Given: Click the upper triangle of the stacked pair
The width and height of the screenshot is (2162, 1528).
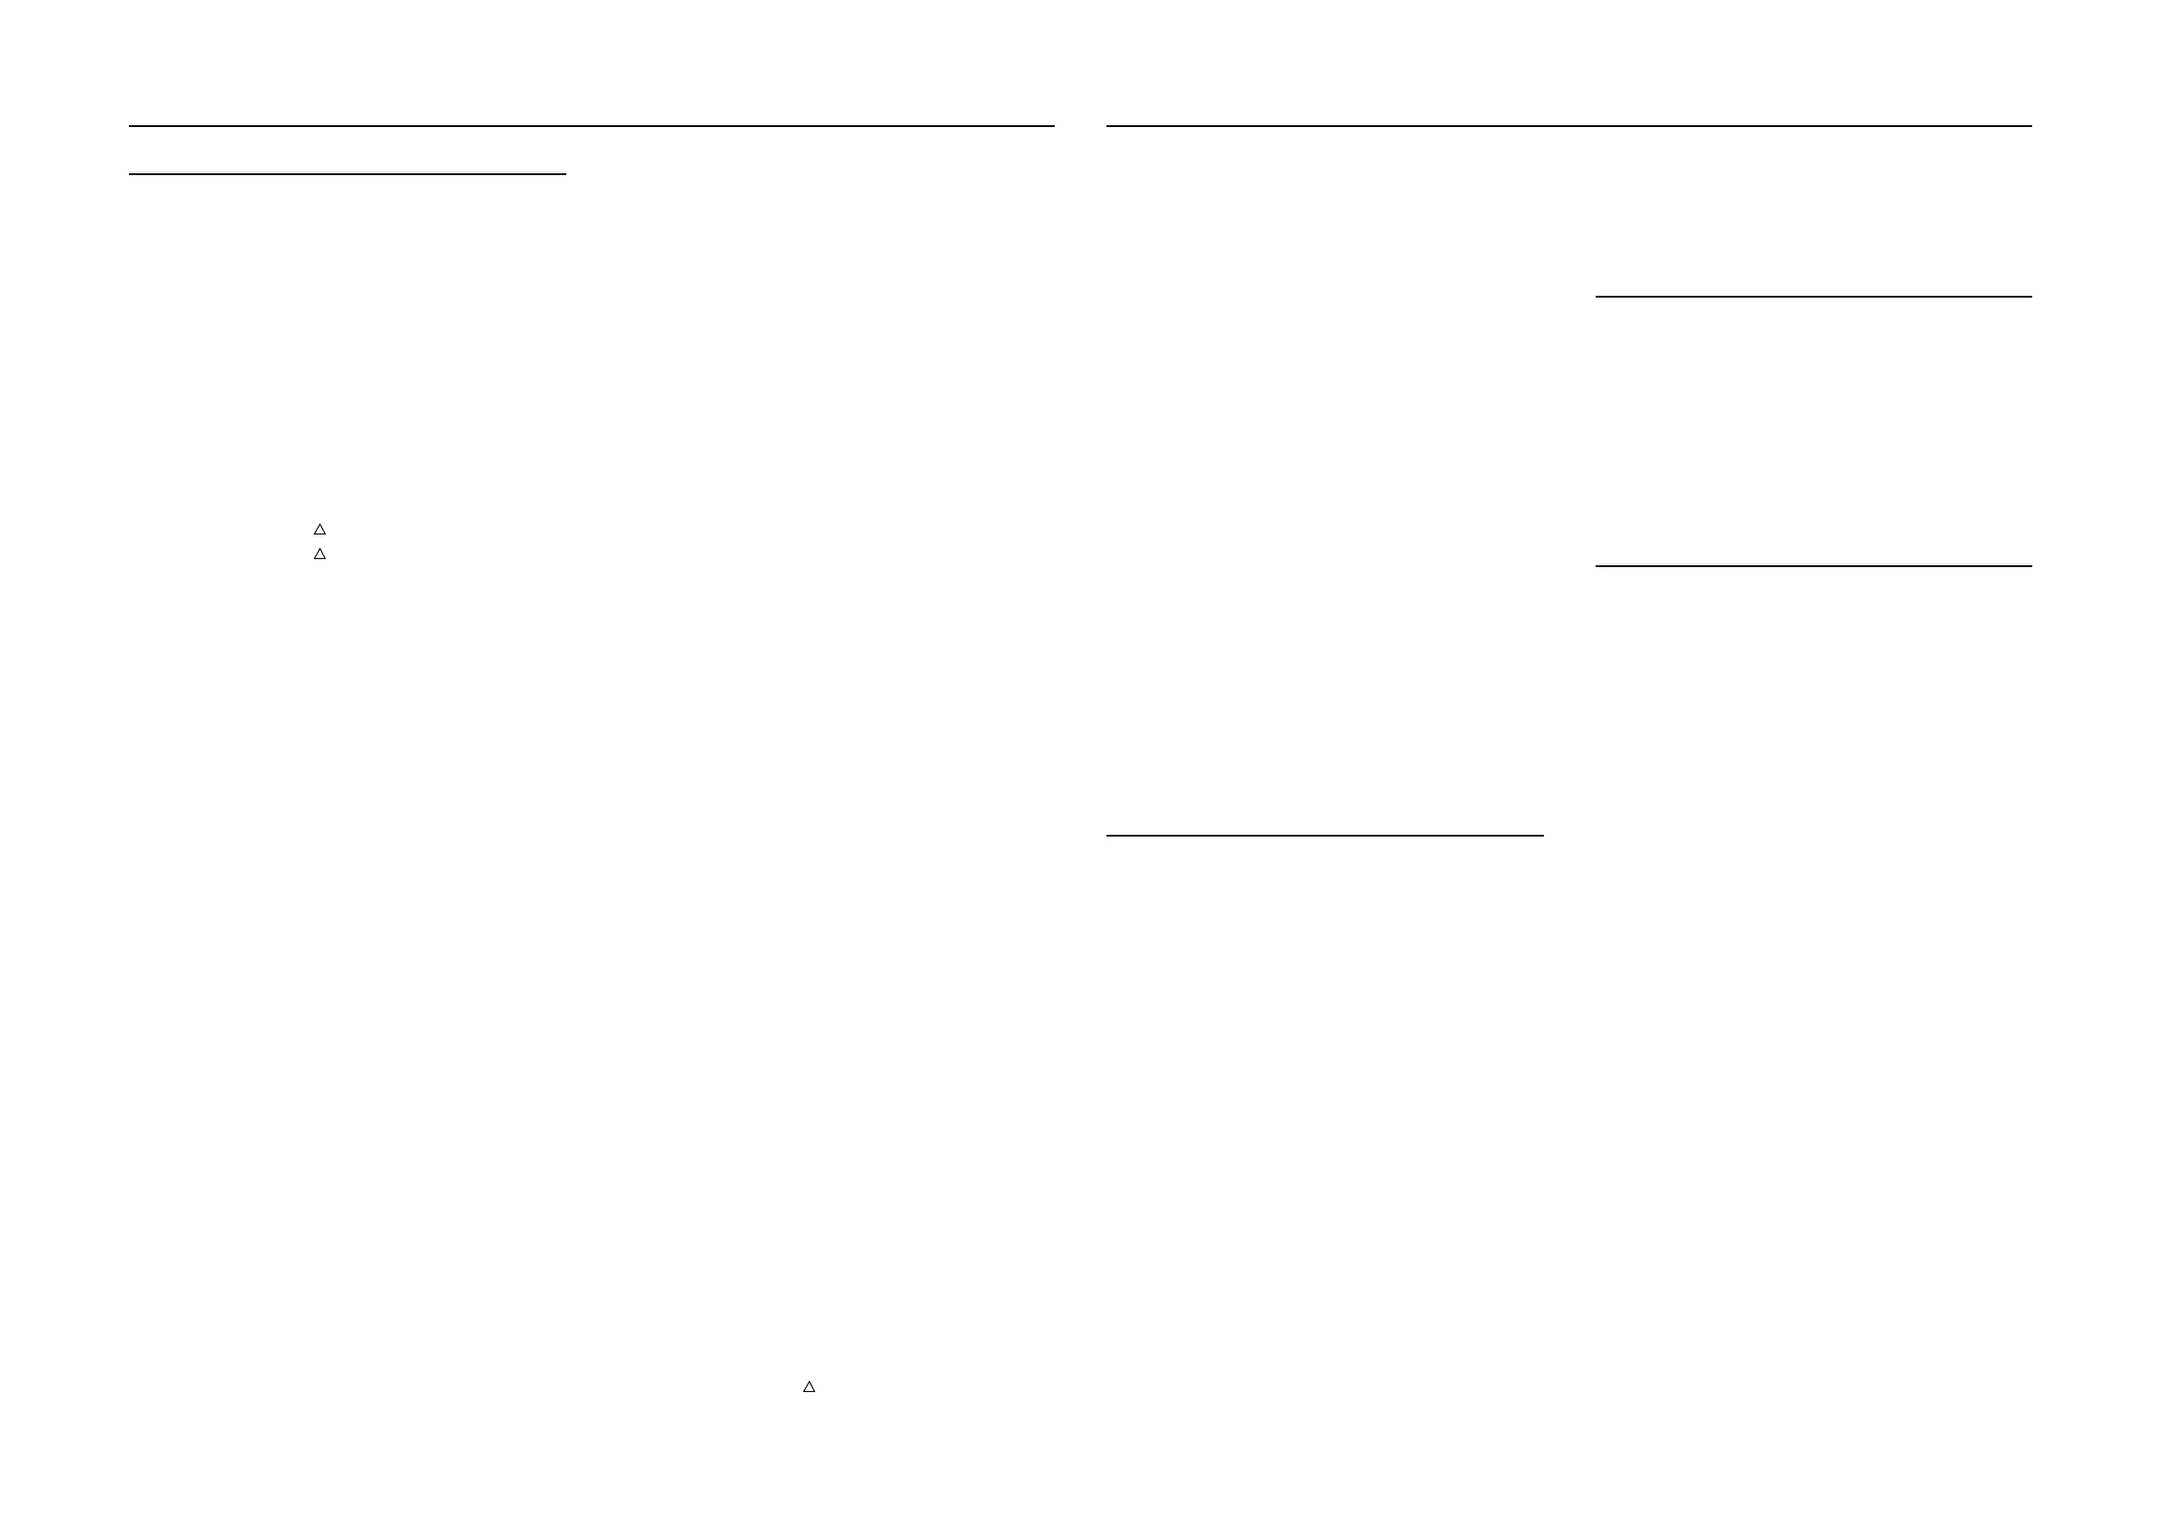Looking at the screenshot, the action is click(319, 530).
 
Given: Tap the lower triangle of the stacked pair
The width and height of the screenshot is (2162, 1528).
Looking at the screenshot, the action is click(319, 554).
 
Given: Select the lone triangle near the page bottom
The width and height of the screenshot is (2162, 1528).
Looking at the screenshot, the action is click(808, 1386).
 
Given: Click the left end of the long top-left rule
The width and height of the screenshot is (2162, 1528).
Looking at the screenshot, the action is click(130, 125).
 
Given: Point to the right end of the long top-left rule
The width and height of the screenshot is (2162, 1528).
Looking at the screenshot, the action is click(1053, 125).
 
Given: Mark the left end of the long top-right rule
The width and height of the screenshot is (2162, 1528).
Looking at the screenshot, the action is click(1107, 125).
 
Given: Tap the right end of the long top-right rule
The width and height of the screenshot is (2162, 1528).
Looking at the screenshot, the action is click(2031, 125).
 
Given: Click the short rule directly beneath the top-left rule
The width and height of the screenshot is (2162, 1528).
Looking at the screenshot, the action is click(348, 174).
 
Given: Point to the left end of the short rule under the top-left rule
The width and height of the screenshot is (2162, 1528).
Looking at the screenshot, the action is click(130, 174).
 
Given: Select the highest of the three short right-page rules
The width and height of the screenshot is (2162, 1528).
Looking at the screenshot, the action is click(1813, 297).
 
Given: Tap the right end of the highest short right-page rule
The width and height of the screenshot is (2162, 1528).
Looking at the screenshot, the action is click(2031, 297).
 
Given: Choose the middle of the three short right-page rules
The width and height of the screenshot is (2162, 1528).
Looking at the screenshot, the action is click(1813, 566).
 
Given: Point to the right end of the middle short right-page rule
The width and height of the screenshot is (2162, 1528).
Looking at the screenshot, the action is click(2031, 566).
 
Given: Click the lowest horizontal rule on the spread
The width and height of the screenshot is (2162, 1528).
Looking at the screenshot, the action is click(1325, 835).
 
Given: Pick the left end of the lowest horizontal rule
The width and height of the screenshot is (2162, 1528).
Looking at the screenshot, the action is click(1107, 835).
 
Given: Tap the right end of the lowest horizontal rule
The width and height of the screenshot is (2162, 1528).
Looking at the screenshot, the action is click(1542, 835).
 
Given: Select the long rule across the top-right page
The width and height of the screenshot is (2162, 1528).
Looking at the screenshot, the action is click(1568, 125).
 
